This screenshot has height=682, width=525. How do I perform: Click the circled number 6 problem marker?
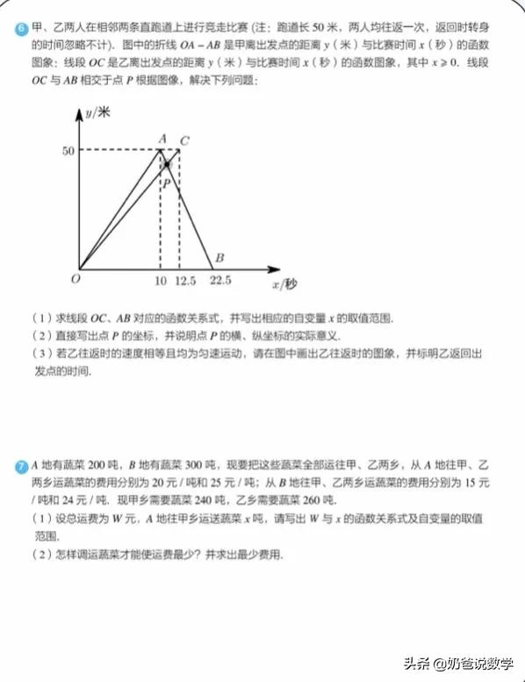20,29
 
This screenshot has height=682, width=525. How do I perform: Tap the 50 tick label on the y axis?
67,151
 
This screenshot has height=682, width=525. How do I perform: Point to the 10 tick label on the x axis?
160,282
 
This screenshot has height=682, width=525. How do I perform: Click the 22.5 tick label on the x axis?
220,282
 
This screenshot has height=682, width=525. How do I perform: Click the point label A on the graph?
162,138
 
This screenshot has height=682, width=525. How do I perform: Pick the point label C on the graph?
183,140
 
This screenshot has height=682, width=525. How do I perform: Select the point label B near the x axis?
219,258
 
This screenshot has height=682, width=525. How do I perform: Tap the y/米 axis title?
98,112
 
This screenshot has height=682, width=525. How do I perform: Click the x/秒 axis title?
284,284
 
